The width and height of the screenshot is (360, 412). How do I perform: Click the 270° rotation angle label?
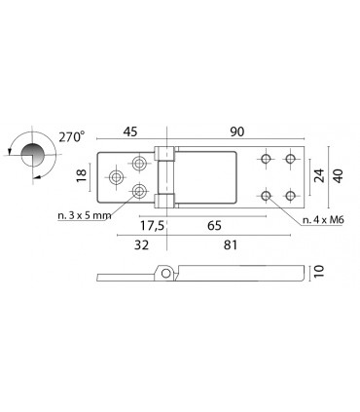point(72,136)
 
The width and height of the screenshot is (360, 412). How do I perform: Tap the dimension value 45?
point(130,131)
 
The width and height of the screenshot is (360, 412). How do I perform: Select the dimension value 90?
point(237,131)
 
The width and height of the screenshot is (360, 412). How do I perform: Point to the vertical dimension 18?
point(82,175)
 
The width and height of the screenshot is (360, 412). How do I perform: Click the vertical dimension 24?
point(320,175)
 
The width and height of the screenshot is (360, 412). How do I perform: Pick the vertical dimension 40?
point(338,175)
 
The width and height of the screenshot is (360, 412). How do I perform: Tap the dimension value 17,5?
point(153,225)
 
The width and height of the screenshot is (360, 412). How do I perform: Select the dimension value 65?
point(214,225)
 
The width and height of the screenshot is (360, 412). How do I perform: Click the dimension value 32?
point(142,244)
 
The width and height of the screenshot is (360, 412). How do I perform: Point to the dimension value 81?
point(231,244)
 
